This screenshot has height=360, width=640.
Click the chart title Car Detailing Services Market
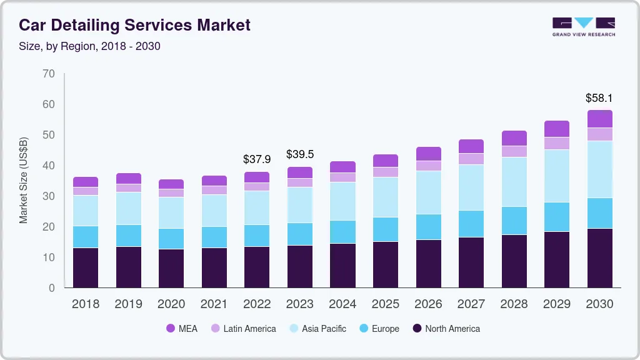(134, 26)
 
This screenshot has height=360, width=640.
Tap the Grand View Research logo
(583, 26)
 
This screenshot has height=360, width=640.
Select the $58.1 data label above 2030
(599, 98)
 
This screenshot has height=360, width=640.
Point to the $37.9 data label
(257, 159)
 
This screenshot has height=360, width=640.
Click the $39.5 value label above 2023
(299, 154)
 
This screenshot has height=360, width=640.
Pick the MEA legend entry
(182, 328)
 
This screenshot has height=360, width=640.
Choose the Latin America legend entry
(243, 328)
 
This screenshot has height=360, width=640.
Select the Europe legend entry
(378, 328)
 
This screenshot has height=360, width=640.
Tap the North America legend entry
(446, 328)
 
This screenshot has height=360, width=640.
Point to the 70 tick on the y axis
(49, 74)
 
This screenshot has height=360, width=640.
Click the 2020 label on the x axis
(171, 304)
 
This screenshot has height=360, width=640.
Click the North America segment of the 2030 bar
(599, 257)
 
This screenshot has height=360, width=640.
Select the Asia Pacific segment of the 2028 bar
(514, 181)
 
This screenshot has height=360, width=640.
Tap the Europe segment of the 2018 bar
(86, 236)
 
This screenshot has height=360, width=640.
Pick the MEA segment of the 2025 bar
(385, 161)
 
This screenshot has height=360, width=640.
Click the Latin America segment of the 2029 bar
(556, 143)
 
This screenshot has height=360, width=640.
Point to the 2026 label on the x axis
(428, 304)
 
